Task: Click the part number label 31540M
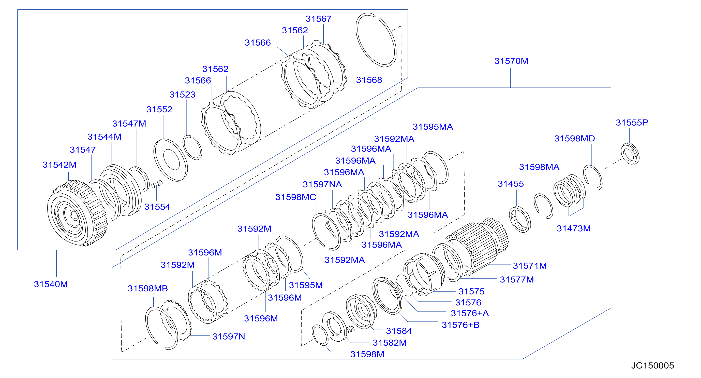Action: (51, 284)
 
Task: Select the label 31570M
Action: (511, 61)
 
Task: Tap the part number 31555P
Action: (632, 122)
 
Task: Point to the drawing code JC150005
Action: (652, 366)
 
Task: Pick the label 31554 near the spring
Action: (157, 207)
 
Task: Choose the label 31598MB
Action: (148, 288)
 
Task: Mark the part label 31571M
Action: (530, 265)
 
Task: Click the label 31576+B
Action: (460, 325)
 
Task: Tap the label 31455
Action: (511, 184)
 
